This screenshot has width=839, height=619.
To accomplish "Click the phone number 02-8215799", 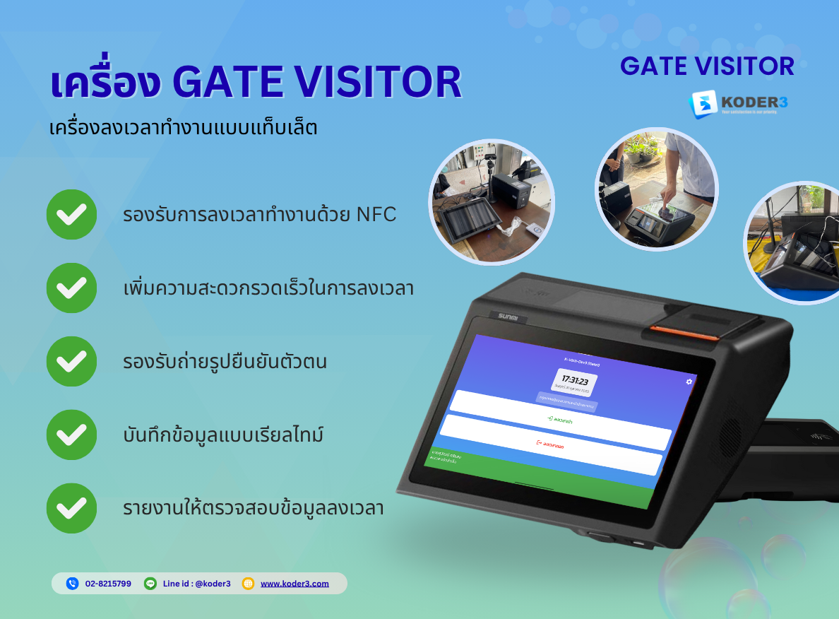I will pyautogui.click(x=108, y=584).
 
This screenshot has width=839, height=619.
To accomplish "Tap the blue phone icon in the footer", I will pyautogui.click(x=72, y=584).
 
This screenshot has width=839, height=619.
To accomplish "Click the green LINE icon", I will pyautogui.click(x=150, y=584).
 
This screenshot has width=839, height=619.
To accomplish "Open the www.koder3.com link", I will pyautogui.click(x=294, y=584).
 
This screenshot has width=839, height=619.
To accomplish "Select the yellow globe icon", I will pyautogui.click(x=248, y=584).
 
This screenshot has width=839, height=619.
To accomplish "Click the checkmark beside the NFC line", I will pyautogui.click(x=71, y=214).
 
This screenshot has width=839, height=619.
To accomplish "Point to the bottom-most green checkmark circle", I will pyautogui.click(x=71, y=508).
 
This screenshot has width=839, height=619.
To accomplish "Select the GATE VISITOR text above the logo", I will pyautogui.click(x=707, y=66).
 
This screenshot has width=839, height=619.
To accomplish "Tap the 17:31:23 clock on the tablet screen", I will pyautogui.click(x=574, y=381).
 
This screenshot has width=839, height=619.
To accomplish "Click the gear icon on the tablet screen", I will pyautogui.click(x=689, y=382).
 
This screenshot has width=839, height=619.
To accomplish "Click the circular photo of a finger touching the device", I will pyautogui.click(x=656, y=189).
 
